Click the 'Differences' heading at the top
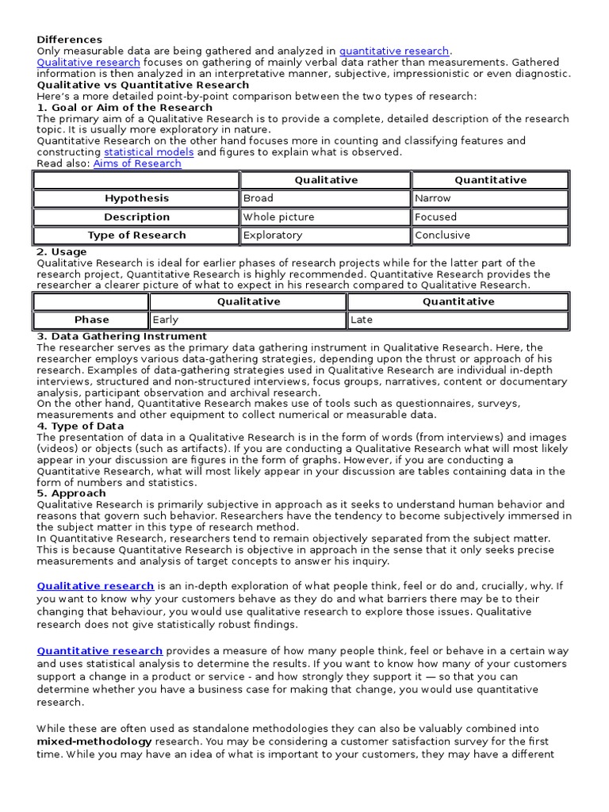[x=70, y=40]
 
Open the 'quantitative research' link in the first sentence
[x=394, y=51]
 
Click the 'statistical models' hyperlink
[x=148, y=152]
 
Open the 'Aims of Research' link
[x=137, y=163]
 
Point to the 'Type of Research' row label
[x=136, y=235]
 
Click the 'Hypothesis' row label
[x=136, y=198]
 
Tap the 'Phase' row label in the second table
[x=92, y=320]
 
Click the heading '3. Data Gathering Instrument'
[x=122, y=336]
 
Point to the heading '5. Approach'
[x=71, y=493]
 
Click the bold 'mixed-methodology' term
[x=94, y=741]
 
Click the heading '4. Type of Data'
[x=81, y=426]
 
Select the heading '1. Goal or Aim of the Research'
[x=124, y=107]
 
